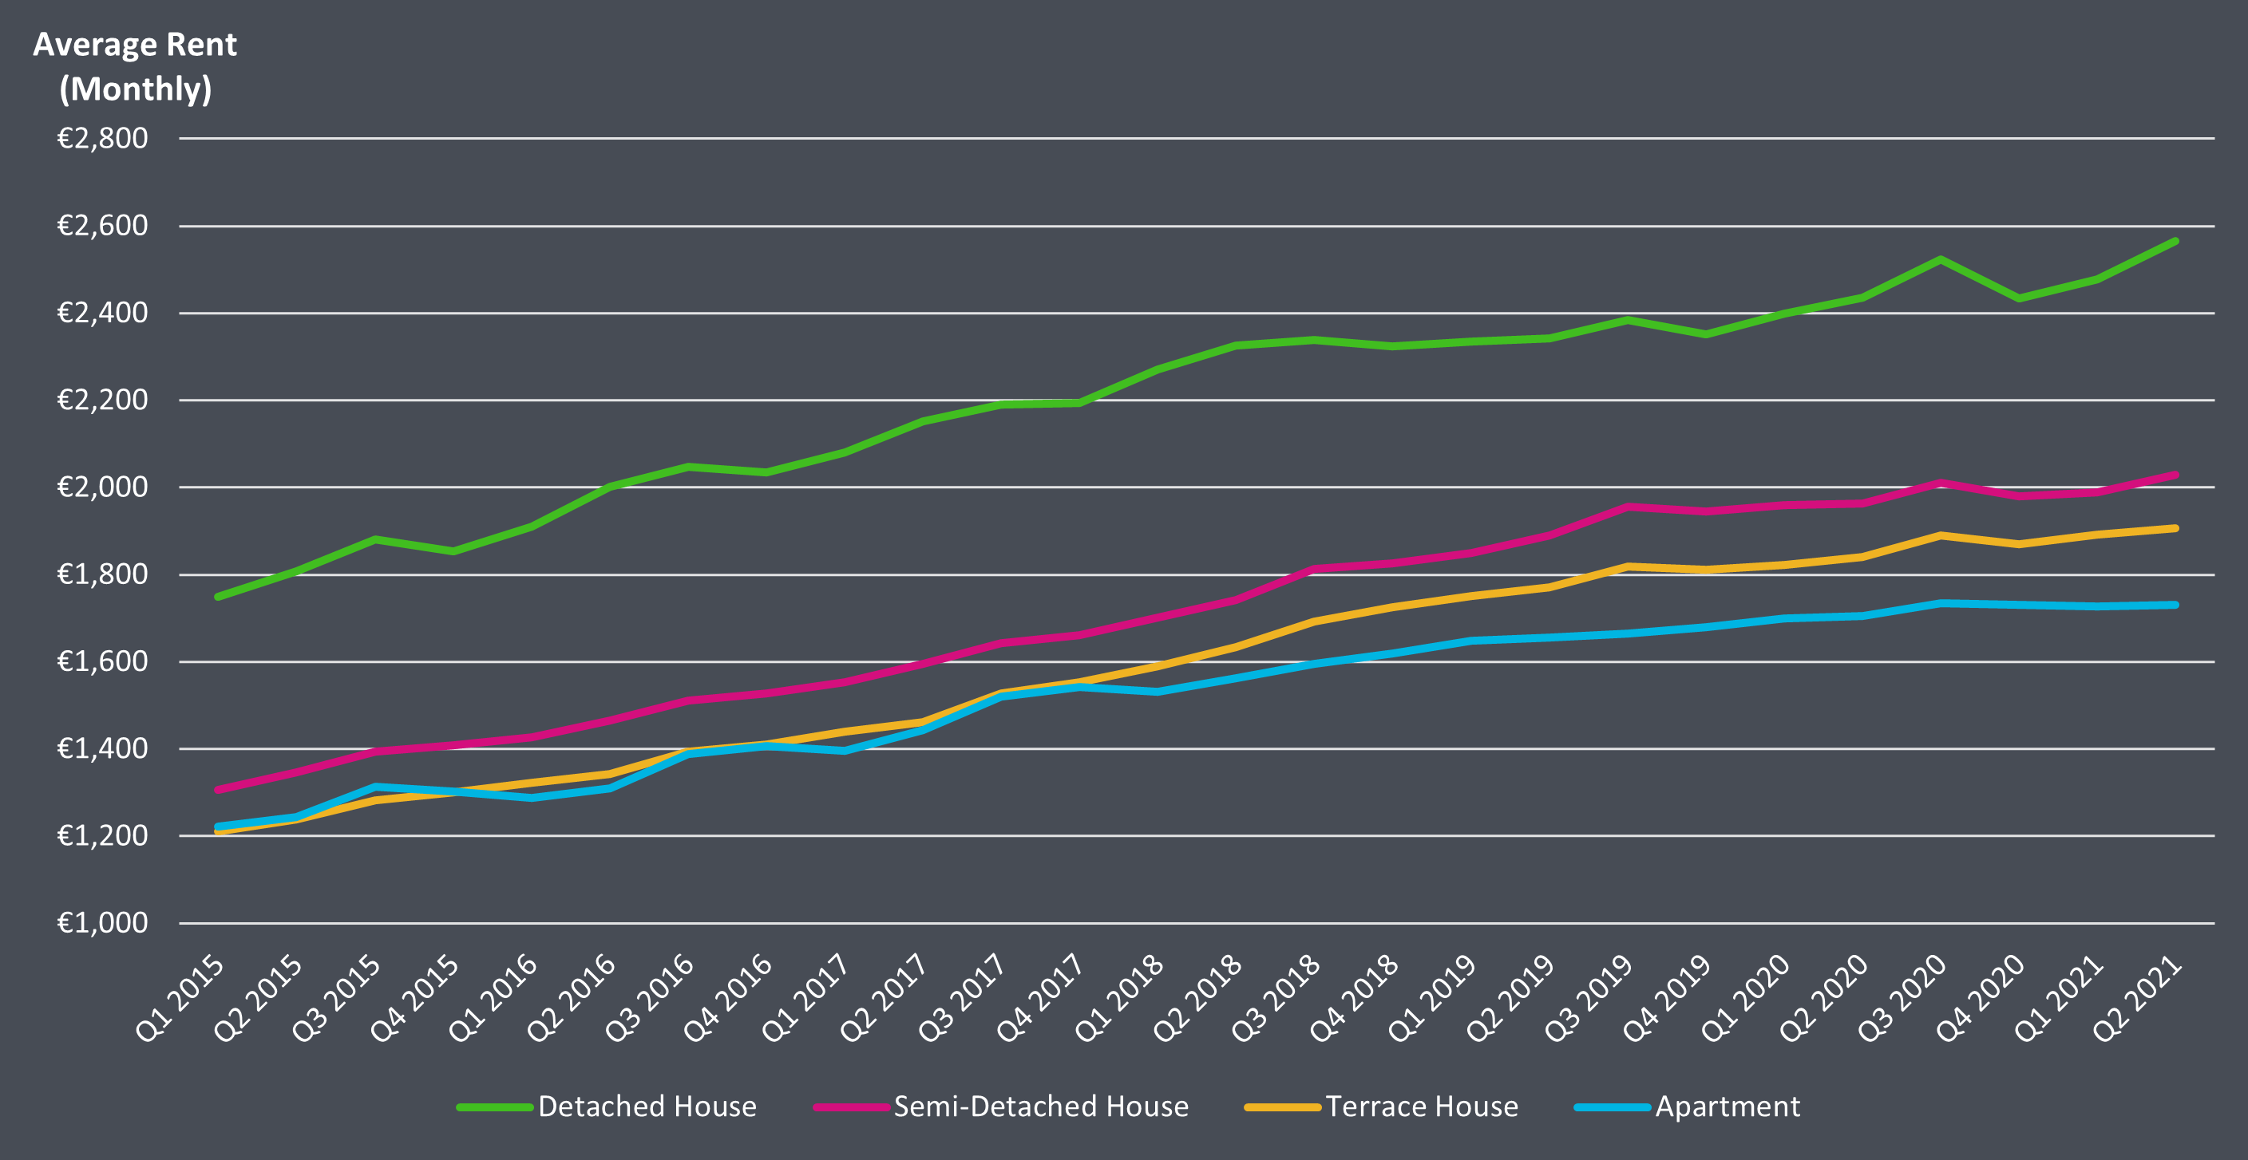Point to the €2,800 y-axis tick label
[102, 138]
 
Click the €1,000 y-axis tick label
[102, 923]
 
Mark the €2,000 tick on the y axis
[102, 487]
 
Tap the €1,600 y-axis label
[102, 661]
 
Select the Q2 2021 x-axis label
[2138, 999]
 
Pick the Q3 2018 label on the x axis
[1276, 999]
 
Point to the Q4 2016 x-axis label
[729, 999]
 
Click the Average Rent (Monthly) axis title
[135, 66]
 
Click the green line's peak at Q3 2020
[1940, 259]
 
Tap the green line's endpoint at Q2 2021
[2175, 241]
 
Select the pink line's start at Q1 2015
[217, 789]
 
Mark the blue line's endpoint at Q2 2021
[2175, 605]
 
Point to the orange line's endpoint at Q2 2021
[2175, 527]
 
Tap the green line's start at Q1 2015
[217, 597]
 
